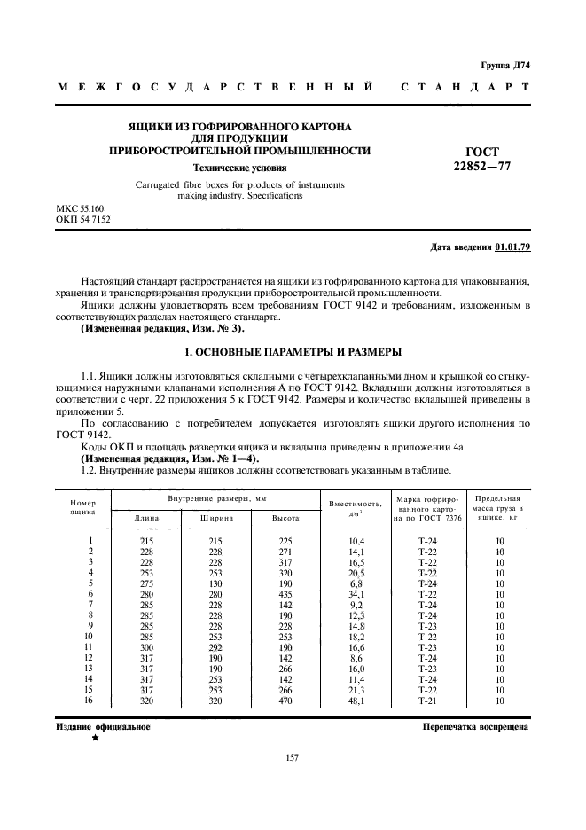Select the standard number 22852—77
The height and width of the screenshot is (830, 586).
coord(482,166)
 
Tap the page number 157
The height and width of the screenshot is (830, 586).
coord(292,757)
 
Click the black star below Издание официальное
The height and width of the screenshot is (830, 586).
coord(96,737)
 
